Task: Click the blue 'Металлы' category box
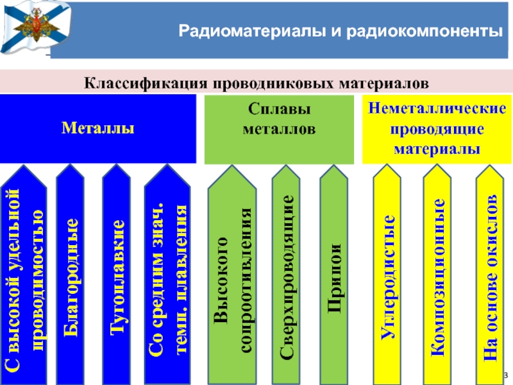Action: click(97, 128)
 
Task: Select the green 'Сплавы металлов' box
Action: click(278, 128)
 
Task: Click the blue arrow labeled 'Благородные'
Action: click(71, 276)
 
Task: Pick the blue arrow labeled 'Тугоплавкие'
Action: click(117, 276)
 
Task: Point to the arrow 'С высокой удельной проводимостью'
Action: click(24, 276)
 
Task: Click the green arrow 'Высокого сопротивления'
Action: click(232, 276)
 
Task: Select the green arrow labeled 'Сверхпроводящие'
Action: click(287, 276)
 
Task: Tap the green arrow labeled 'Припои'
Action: click(333, 276)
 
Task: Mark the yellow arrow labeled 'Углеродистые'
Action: click(387, 276)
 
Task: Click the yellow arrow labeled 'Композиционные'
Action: click(438, 276)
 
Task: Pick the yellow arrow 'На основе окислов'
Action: click(490, 276)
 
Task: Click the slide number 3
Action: click(505, 375)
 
